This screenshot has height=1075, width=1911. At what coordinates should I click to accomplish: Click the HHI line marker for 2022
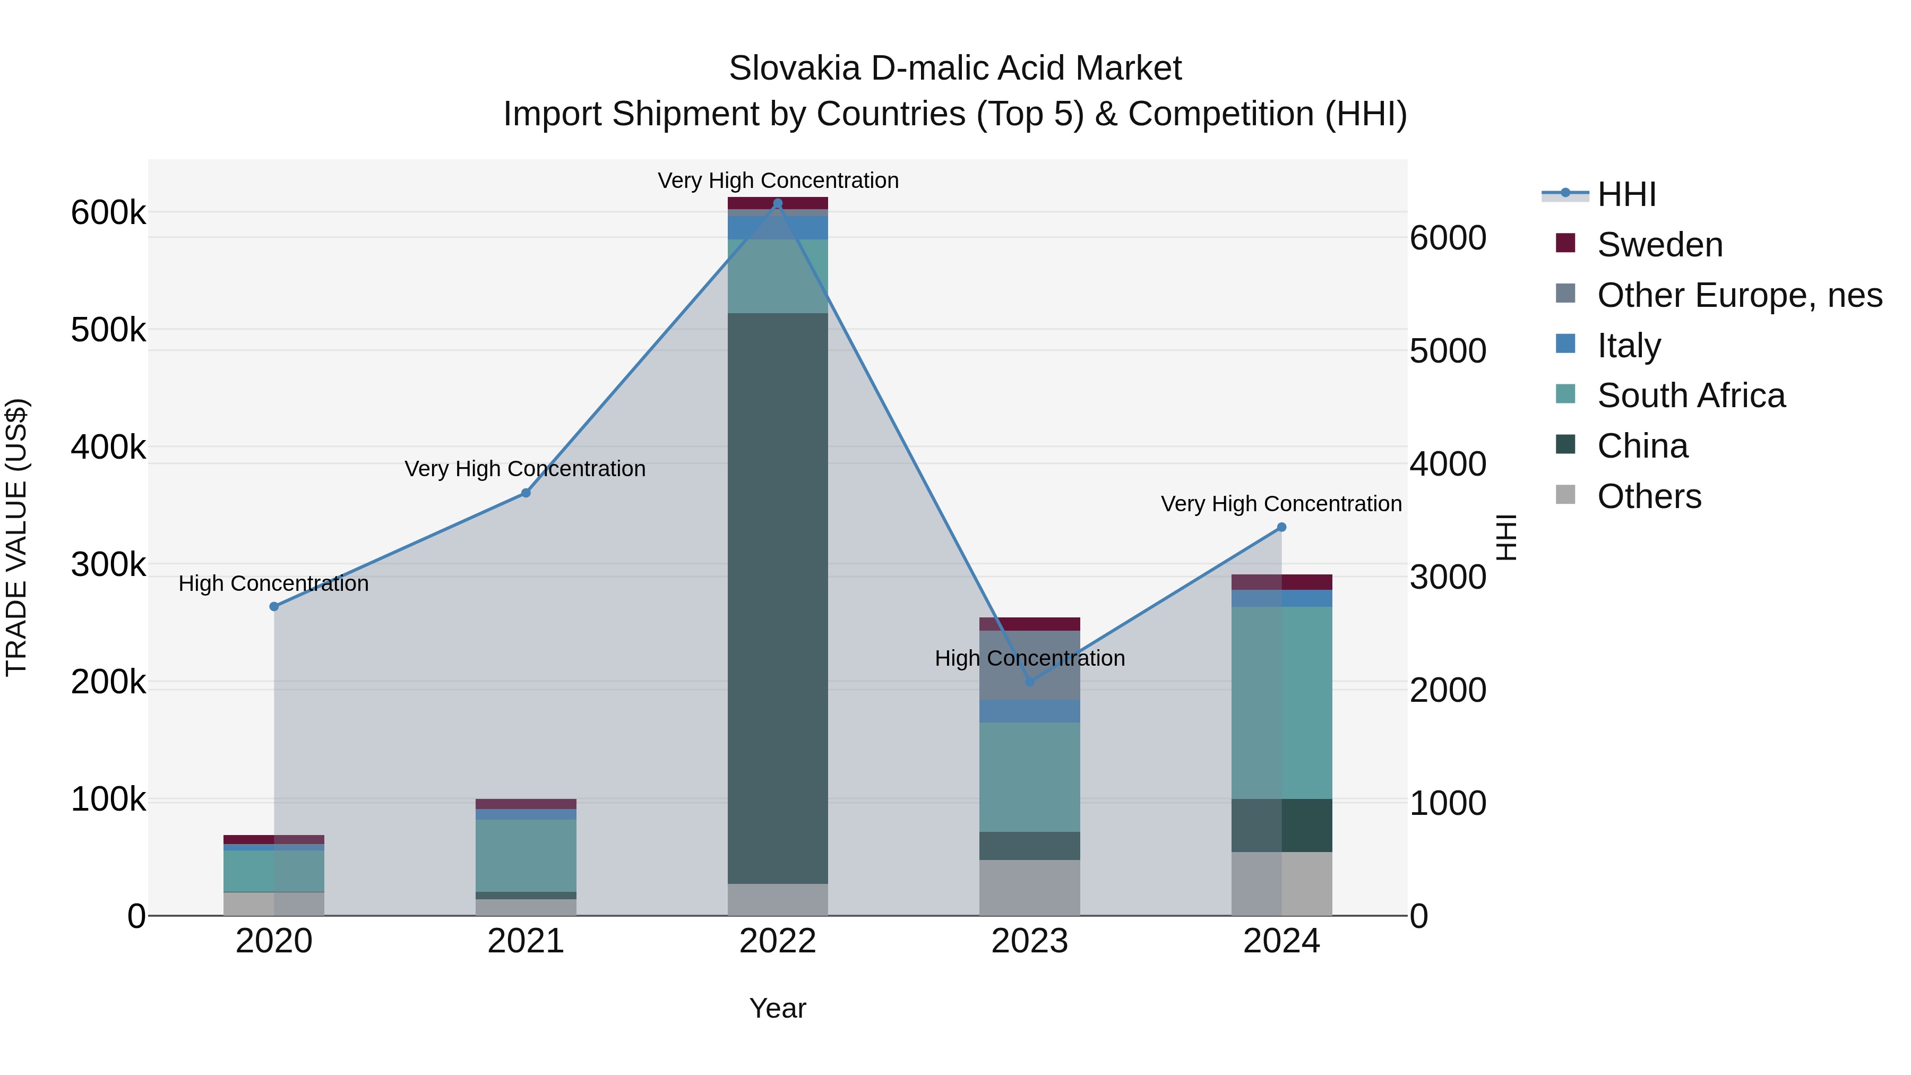(x=778, y=203)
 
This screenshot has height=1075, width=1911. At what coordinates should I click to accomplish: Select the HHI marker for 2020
(x=274, y=606)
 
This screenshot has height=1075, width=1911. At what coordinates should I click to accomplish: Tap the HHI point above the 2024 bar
(x=1281, y=528)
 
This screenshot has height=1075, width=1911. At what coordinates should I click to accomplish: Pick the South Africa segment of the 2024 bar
(x=1281, y=702)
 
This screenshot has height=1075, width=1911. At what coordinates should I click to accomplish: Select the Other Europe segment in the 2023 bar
(x=1030, y=665)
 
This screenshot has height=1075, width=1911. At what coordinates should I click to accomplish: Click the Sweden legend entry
(x=1659, y=245)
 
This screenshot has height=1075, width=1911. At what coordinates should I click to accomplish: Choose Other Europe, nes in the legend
(x=1739, y=295)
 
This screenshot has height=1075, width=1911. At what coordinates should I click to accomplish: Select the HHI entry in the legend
(x=1626, y=194)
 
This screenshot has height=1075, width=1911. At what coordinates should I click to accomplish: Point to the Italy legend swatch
(x=1565, y=344)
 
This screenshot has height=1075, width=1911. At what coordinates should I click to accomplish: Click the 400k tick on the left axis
(x=108, y=448)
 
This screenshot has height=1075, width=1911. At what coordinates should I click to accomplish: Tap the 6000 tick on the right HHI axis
(x=1448, y=238)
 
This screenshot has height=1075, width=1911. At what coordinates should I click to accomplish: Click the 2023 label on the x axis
(x=1030, y=941)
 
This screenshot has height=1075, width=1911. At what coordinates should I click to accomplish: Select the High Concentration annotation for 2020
(x=274, y=584)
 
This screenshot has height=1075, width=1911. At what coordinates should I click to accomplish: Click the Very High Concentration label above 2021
(x=524, y=469)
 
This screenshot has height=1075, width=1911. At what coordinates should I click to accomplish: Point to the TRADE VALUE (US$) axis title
(x=17, y=537)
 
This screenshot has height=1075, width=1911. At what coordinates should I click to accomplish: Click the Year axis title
(x=778, y=1008)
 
